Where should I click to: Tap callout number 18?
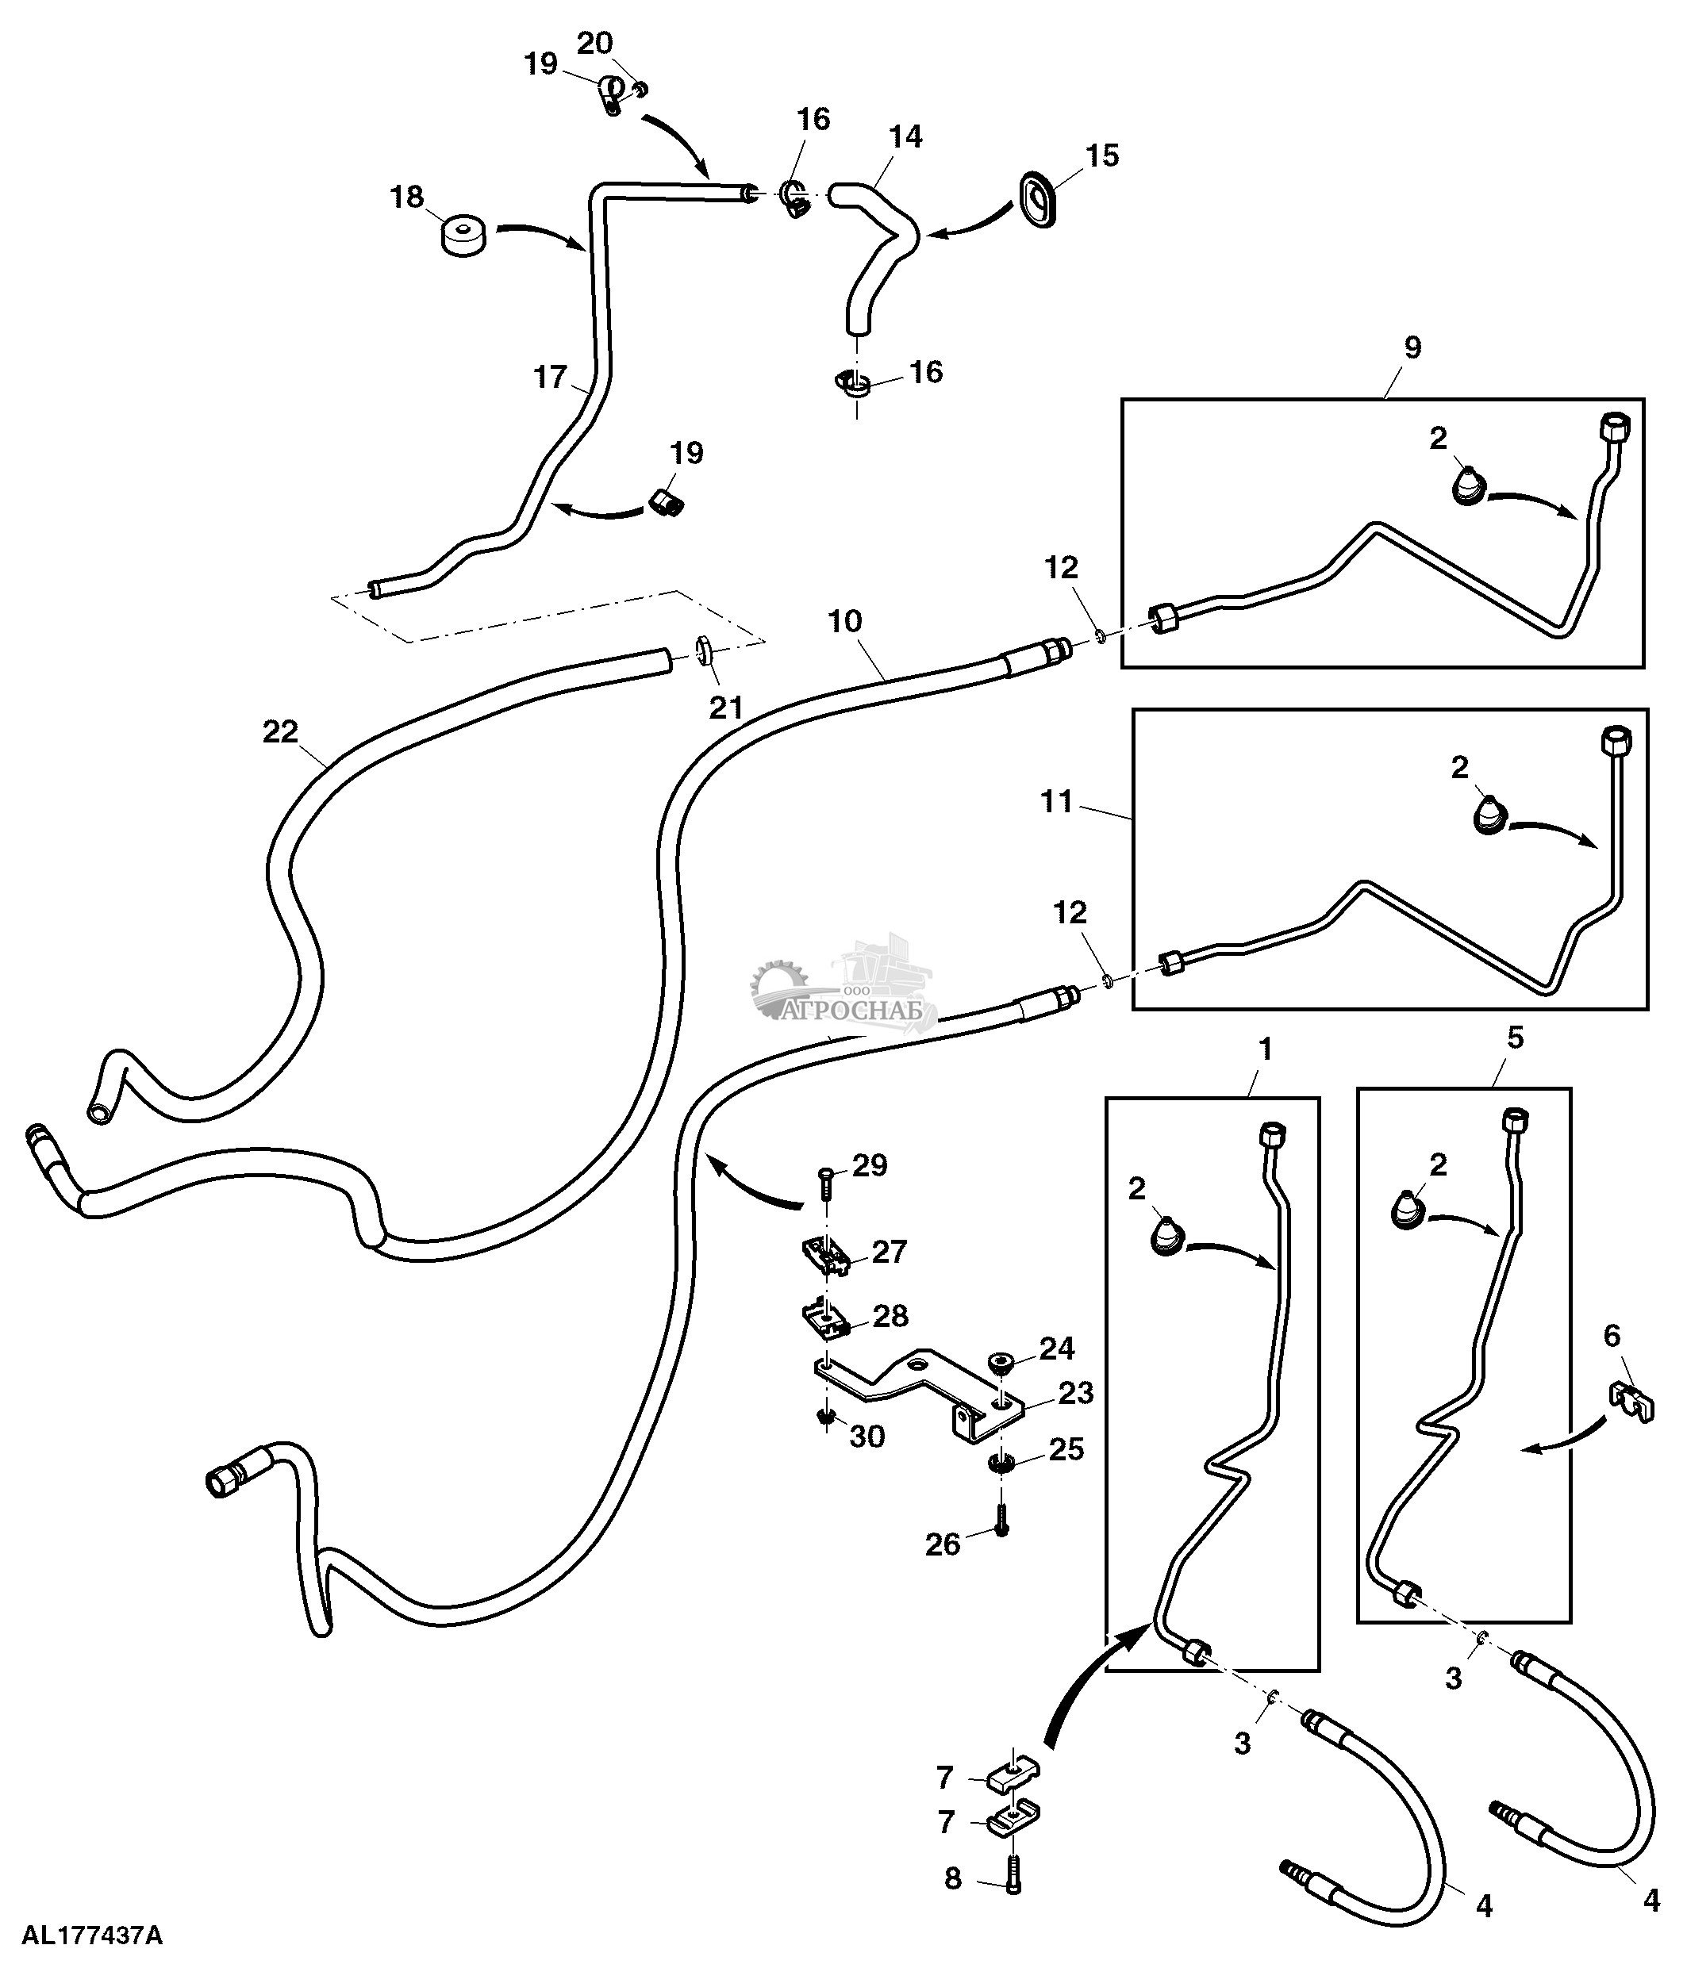pos(406,198)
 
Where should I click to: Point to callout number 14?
pos(905,136)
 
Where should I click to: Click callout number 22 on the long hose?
pos(280,731)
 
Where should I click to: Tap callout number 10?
pos(844,622)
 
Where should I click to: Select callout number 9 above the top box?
pos(1412,347)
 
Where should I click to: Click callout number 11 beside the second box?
pos(1056,803)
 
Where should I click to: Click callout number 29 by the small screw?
pos(869,1165)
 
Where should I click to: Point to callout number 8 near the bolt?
pos(953,1878)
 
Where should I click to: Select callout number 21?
pos(727,707)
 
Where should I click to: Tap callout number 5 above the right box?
pos(1515,1038)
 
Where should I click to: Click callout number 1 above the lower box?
pos(1264,1049)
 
